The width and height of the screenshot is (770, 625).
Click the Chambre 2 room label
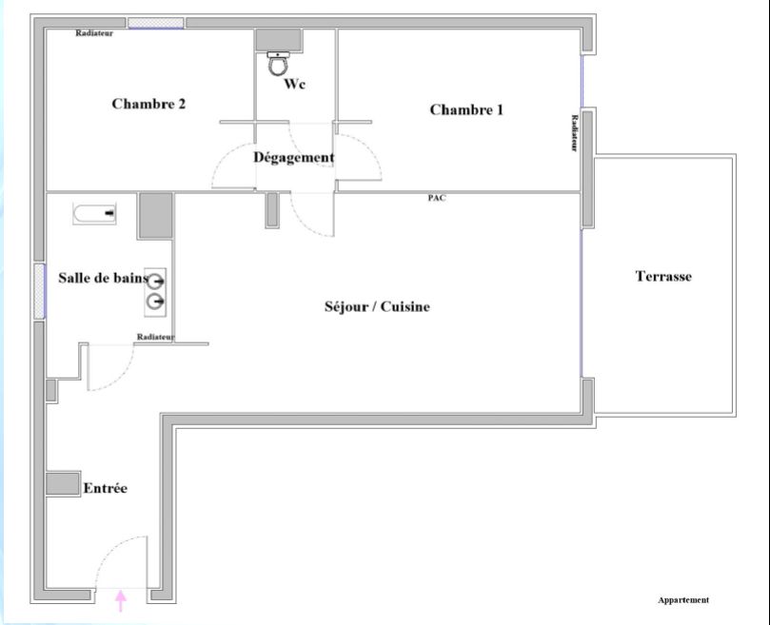(x=148, y=104)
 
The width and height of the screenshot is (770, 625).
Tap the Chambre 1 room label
(x=466, y=109)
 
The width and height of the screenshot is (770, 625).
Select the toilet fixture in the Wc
(x=278, y=64)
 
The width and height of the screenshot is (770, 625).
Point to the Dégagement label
(x=293, y=158)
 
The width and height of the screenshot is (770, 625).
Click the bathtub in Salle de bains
(x=94, y=213)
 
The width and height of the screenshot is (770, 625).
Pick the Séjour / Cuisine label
(x=377, y=306)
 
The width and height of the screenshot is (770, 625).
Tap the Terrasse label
(x=663, y=277)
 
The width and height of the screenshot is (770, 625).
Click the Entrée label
(x=105, y=488)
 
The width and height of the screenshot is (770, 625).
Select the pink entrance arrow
(x=121, y=600)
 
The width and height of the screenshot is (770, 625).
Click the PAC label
(x=437, y=198)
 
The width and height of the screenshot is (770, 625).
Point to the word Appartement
(x=683, y=600)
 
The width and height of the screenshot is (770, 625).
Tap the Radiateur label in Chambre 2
(x=94, y=33)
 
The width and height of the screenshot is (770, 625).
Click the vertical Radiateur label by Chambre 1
(x=575, y=133)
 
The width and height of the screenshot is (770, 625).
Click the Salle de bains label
(x=103, y=278)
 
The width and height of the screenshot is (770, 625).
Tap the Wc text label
(x=295, y=84)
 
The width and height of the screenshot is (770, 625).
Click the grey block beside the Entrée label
(x=62, y=482)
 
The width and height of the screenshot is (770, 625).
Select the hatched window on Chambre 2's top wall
(x=156, y=22)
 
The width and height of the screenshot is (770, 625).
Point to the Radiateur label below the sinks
(x=155, y=337)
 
